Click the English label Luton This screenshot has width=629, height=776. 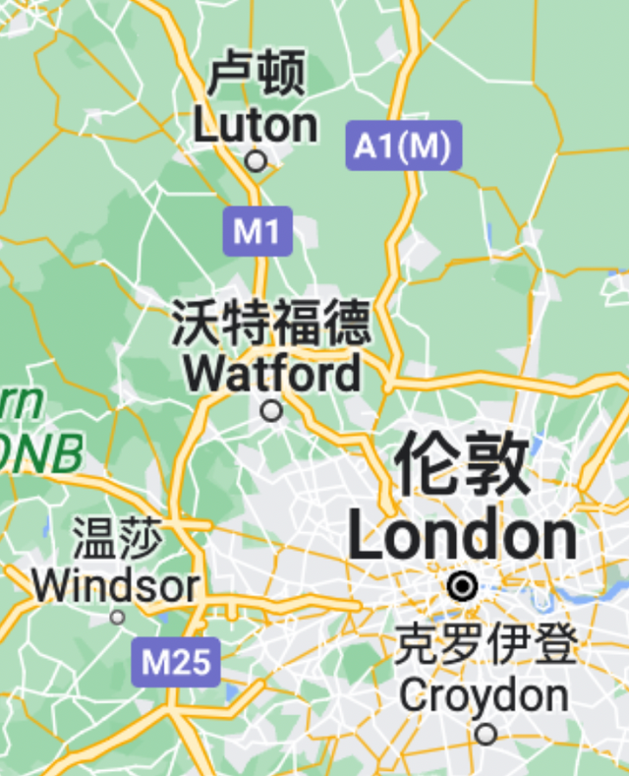pos(256,125)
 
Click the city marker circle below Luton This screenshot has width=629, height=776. pos(256,160)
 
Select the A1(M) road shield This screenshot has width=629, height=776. pos(403,147)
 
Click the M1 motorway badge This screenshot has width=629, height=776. pos(257,232)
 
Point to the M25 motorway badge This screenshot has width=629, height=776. pos(176,662)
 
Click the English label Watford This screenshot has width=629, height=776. pos(272,374)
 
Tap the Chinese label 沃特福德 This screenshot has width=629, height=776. pos(272,324)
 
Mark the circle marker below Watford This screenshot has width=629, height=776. pos(271,410)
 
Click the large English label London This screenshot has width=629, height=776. pos(462,536)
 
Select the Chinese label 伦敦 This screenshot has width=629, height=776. pos(462,466)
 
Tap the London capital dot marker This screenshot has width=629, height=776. pos(462,587)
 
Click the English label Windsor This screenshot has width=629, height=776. pos(115,586)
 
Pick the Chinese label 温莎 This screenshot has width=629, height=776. pos(117,540)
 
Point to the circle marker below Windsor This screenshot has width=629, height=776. pos(117,618)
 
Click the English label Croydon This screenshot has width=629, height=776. pos(485,695)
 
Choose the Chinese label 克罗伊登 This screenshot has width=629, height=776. pos(486,646)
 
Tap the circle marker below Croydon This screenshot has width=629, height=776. pos(486,734)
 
